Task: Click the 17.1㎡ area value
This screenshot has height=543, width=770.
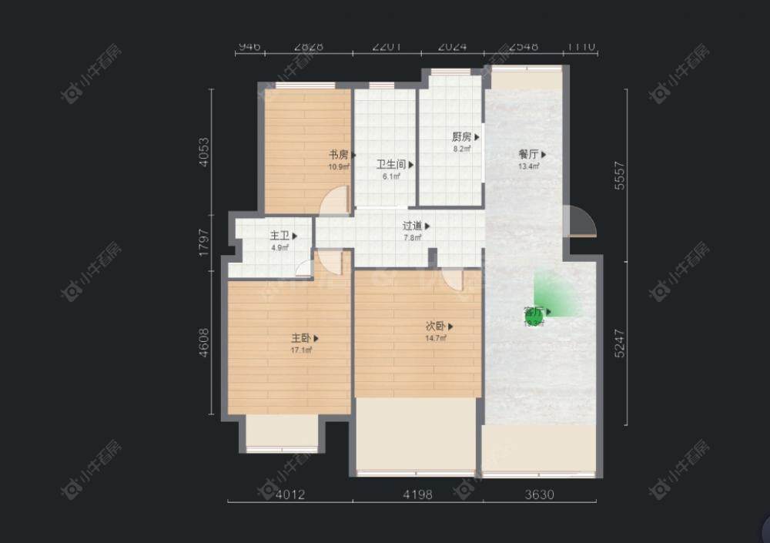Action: pos(300,350)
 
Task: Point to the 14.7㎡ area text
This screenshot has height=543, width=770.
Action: pos(436,338)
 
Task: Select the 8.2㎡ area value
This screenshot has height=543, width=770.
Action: pos(462,149)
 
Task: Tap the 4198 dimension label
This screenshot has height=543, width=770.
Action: pos(417,495)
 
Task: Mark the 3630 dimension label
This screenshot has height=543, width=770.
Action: pos(539,495)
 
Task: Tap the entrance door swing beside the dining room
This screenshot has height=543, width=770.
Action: pos(579,222)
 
